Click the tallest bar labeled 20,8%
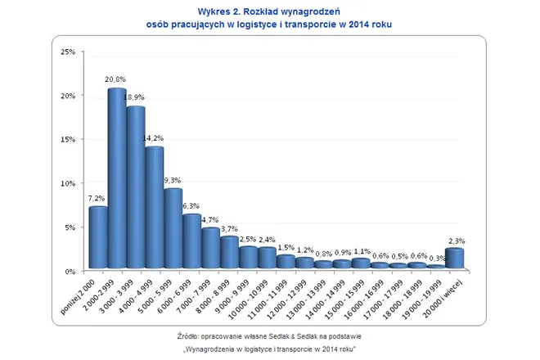pos(116,180)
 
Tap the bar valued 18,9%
pos(135,189)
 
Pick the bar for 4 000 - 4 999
pos(154,209)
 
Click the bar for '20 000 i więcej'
pos(455,259)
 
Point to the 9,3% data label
pos(173,180)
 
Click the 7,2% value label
pos(97,198)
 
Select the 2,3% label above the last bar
pos(457,241)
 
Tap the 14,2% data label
pos(154,138)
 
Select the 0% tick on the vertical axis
pos(70,271)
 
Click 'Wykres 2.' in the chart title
pos(222,11)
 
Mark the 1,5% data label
pos(286,247)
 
